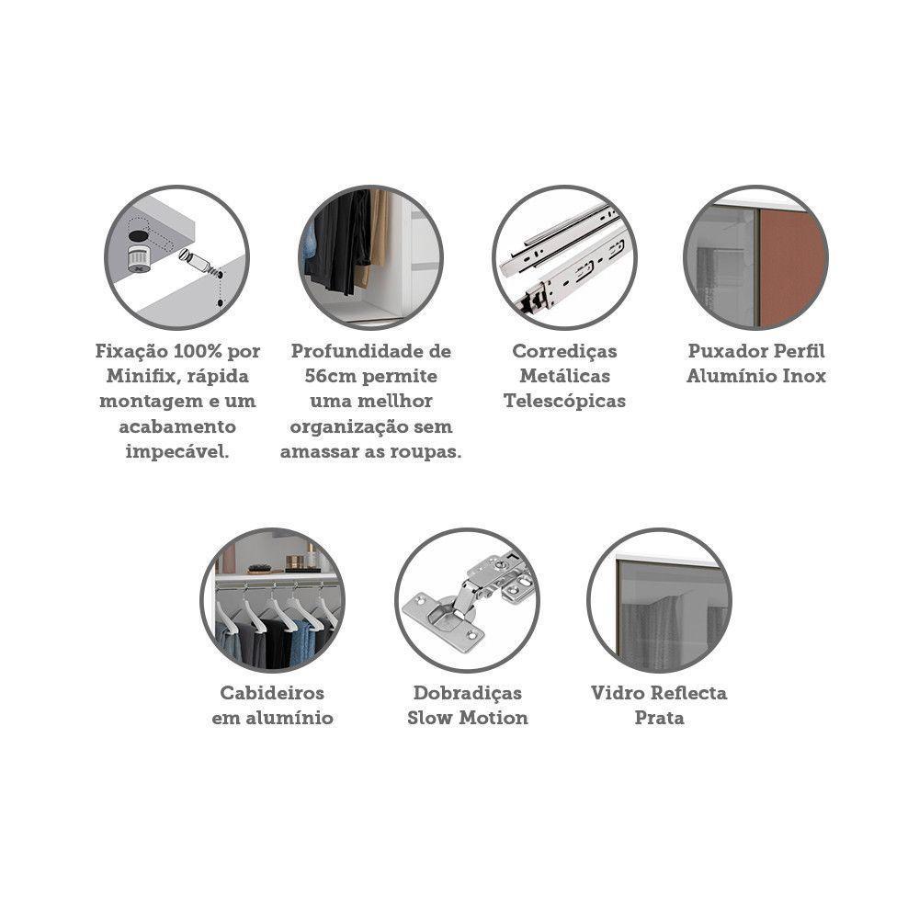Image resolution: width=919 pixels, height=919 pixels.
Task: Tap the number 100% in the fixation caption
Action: click(x=198, y=351)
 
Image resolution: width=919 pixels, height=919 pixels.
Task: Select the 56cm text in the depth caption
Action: click(x=330, y=376)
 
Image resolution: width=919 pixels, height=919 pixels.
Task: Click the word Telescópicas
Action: click(x=564, y=402)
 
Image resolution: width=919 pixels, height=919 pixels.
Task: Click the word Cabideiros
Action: click(x=272, y=693)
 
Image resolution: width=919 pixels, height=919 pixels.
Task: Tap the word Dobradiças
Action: click(x=467, y=693)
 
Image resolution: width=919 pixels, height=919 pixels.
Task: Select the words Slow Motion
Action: click(x=467, y=718)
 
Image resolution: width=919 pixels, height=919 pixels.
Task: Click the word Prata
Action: click(x=659, y=718)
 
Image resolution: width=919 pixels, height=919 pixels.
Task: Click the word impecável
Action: click(x=177, y=452)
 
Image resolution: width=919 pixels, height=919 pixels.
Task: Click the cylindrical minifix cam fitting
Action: click(x=139, y=258)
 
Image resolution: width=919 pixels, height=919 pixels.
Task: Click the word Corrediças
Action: click(x=564, y=351)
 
